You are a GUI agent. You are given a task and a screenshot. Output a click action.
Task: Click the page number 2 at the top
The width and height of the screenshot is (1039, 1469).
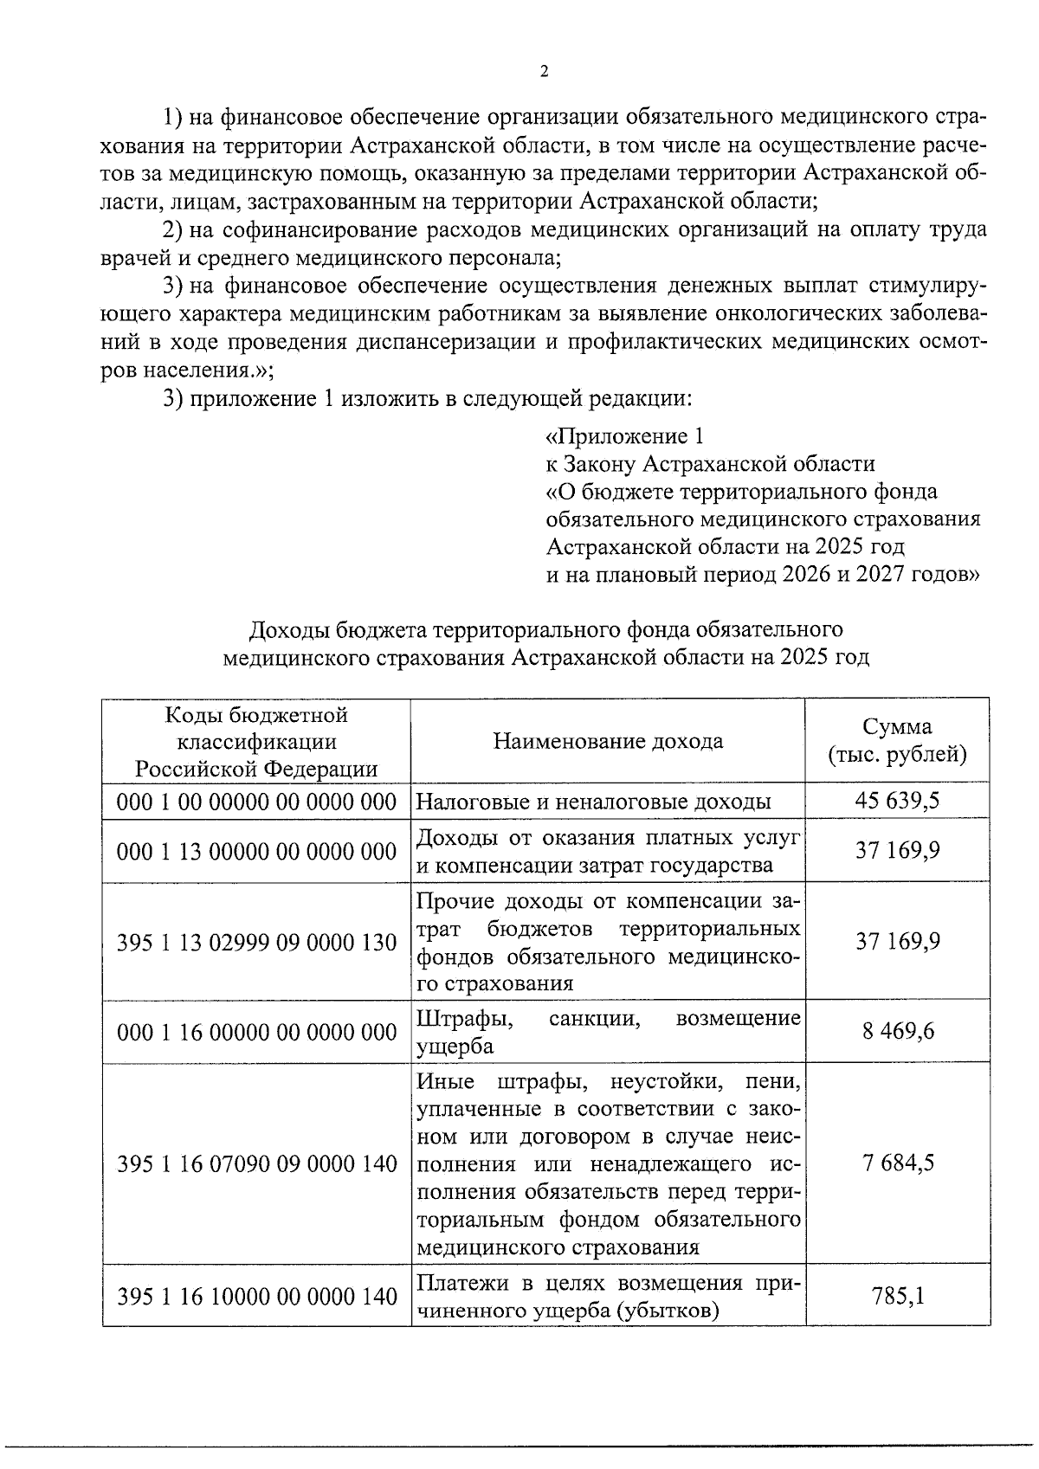[x=544, y=72]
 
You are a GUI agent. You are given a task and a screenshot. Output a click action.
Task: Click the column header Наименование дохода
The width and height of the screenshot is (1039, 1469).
[x=608, y=741]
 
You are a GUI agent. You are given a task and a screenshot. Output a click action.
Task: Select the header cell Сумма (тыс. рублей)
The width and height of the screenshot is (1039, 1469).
[x=897, y=740]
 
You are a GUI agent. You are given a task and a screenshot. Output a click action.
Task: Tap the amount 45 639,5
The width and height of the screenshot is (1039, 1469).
[x=897, y=801]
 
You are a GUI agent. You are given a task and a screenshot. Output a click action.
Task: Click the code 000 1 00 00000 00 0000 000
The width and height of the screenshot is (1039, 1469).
[x=256, y=802]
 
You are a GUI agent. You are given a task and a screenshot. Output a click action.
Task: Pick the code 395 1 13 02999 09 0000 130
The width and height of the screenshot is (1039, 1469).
[x=256, y=942]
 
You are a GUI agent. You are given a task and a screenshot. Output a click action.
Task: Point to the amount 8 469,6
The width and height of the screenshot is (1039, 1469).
[x=897, y=1032]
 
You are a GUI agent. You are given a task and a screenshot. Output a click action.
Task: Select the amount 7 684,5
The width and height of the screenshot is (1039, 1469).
[x=897, y=1163]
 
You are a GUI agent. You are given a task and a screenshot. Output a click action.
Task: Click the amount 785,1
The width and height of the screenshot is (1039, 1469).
[x=897, y=1296]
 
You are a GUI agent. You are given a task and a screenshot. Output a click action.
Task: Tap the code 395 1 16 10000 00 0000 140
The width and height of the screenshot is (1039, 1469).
[x=256, y=1296]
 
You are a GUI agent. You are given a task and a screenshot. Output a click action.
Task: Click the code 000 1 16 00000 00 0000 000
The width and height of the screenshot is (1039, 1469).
[x=256, y=1032]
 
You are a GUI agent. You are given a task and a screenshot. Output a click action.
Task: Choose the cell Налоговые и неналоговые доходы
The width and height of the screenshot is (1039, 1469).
[x=594, y=802]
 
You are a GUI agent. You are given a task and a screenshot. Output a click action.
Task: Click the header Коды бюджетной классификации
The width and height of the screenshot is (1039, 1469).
[x=256, y=728]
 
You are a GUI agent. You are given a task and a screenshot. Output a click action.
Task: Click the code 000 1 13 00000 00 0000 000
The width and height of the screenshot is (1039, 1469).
[x=256, y=852]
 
